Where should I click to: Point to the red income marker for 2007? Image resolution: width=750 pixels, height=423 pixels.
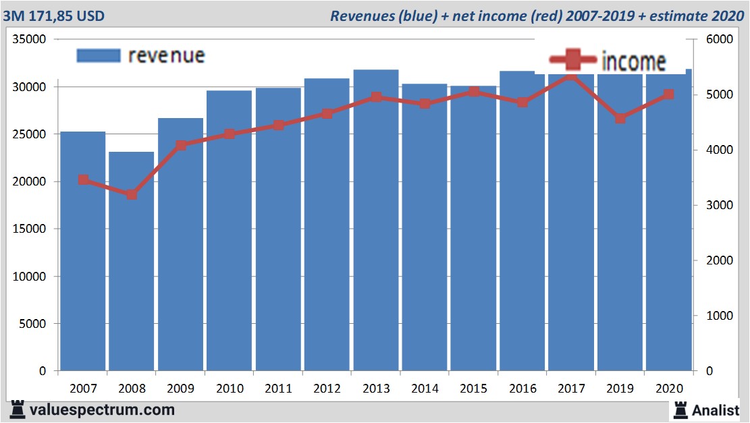[84, 179]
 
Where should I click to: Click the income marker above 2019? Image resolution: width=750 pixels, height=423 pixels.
[620, 119]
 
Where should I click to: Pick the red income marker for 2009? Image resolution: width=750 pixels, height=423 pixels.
[181, 145]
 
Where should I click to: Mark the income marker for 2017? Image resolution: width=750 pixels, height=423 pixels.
[571, 76]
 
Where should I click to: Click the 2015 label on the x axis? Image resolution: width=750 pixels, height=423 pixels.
[474, 389]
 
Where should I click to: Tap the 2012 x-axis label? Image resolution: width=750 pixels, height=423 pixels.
[327, 389]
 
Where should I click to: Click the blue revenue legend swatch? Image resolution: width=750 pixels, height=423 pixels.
[98, 55]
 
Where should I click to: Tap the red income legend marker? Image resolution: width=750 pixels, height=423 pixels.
[572, 61]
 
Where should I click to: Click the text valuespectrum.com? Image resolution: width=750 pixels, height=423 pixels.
[102, 410]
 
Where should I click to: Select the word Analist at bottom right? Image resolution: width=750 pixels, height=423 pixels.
[716, 410]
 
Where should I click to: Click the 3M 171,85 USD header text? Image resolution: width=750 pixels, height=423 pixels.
[53, 16]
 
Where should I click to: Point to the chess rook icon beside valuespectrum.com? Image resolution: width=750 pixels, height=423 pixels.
[18, 409]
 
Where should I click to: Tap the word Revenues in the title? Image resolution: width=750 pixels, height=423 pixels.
[360, 16]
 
